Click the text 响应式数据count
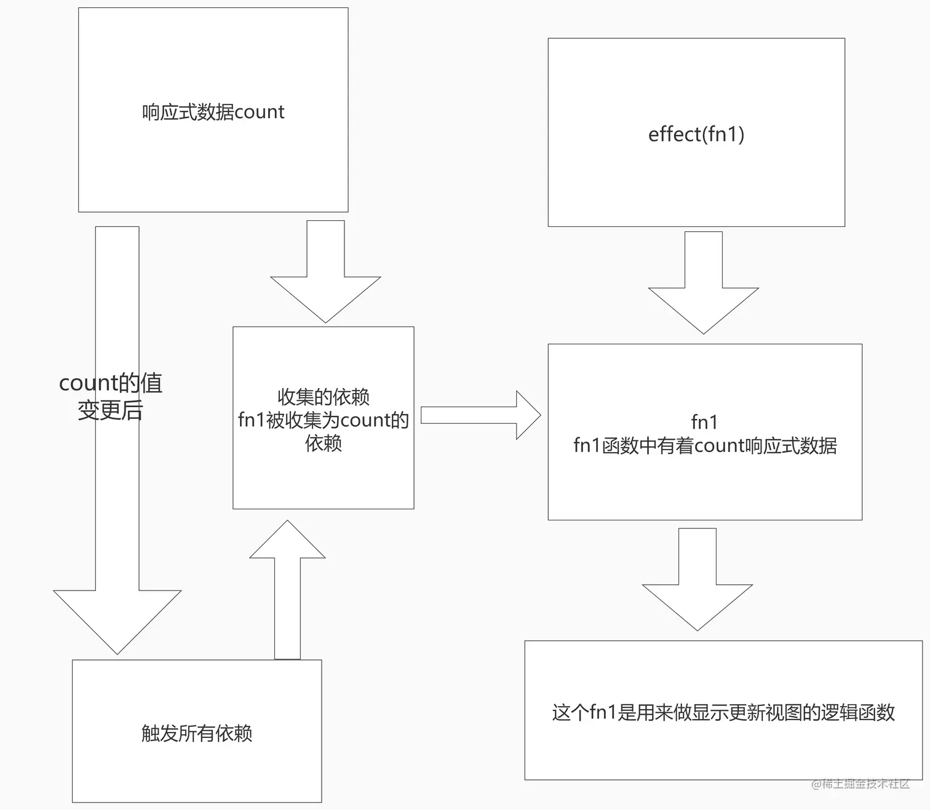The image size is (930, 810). (x=213, y=112)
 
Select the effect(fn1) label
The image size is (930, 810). (x=696, y=135)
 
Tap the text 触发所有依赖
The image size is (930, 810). (x=197, y=733)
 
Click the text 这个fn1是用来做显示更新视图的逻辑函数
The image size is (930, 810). (x=723, y=712)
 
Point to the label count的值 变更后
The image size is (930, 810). (x=111, y=396)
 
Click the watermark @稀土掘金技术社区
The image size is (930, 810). (x=860, y=784)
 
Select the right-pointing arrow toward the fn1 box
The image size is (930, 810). (x=480, y=415)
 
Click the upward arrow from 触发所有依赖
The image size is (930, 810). (x=287, y=590)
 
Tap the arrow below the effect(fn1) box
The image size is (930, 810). (x=704, y=283)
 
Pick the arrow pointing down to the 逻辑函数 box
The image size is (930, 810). (x=697, y=579)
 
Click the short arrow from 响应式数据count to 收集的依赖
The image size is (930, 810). (x=325, y=272)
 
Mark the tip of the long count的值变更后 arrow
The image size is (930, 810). (x=117, y=654)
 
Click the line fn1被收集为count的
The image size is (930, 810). (x=323, y=420)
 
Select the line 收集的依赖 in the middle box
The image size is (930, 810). (x=323, y=397)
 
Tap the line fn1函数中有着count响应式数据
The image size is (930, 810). (x=705, y=445)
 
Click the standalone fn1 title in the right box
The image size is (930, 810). (x=704, y=423)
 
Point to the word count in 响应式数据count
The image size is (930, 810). (x=260, y=113)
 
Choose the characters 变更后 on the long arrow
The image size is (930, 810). (x=111, y=410)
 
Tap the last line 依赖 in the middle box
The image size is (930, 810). (x=323, y=443)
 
